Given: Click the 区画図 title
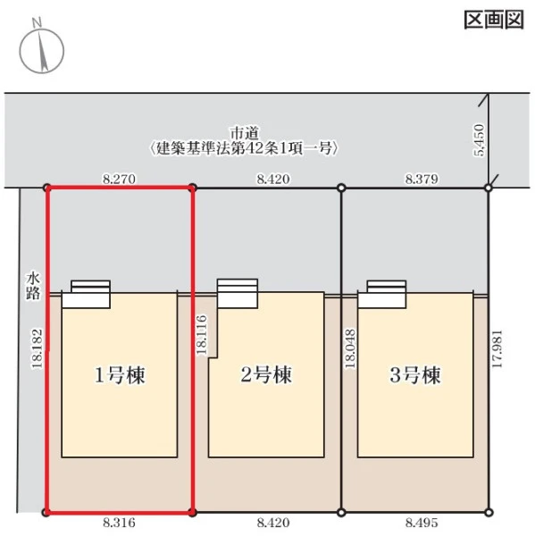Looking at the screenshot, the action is pos(494,21).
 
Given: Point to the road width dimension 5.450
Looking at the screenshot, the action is pos(480,140).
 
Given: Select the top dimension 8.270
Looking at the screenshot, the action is pos(120,179).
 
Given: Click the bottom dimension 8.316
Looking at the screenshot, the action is pos(119,523).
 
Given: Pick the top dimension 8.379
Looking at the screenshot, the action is pos(422,179).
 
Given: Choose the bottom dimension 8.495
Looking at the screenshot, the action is pos(422,523).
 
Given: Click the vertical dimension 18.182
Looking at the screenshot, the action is pos(38,348).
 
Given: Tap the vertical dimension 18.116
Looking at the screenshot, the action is pos(202,335).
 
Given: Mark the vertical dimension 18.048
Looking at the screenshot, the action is pos(351,348).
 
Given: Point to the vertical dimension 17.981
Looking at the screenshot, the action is pos(497,348).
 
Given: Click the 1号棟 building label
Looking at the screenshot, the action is pos(120,375).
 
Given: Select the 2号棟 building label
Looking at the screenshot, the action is pos(266,374).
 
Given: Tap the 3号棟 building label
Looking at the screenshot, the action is pos(415,375).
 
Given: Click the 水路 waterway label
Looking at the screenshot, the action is pos(33,286).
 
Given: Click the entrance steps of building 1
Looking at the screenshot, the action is pos(86,294).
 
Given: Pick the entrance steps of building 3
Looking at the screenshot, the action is pos(382,294).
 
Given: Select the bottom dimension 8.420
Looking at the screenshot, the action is pos(273,523).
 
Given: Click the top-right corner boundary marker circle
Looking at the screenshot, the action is pos(489,188).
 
